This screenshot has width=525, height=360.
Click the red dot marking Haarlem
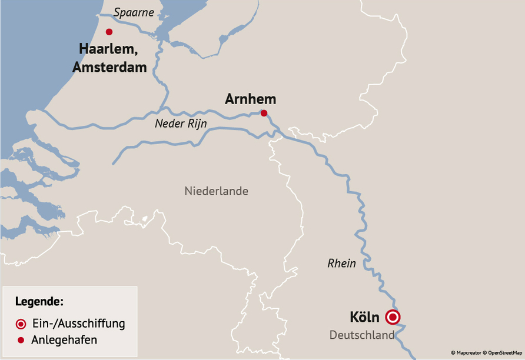(109, 32)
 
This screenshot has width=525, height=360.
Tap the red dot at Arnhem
(264, 113)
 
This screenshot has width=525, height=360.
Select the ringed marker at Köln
(393, 318)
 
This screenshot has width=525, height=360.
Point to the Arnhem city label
(250, 99)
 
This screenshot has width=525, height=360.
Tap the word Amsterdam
(109, 67)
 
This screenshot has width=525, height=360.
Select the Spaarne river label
(134, 12)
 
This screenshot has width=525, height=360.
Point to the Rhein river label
(341, 264)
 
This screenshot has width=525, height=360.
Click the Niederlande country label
(216, 191)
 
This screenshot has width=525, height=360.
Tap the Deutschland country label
(361, 335)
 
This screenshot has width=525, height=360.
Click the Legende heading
(39, 302)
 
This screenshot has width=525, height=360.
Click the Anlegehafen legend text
(65, 340)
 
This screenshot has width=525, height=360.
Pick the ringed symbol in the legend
(21, 324)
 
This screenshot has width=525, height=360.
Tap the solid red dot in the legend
(21, 340)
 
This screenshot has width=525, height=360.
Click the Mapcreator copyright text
(466, 353)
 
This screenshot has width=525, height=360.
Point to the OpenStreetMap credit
(504, 353)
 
